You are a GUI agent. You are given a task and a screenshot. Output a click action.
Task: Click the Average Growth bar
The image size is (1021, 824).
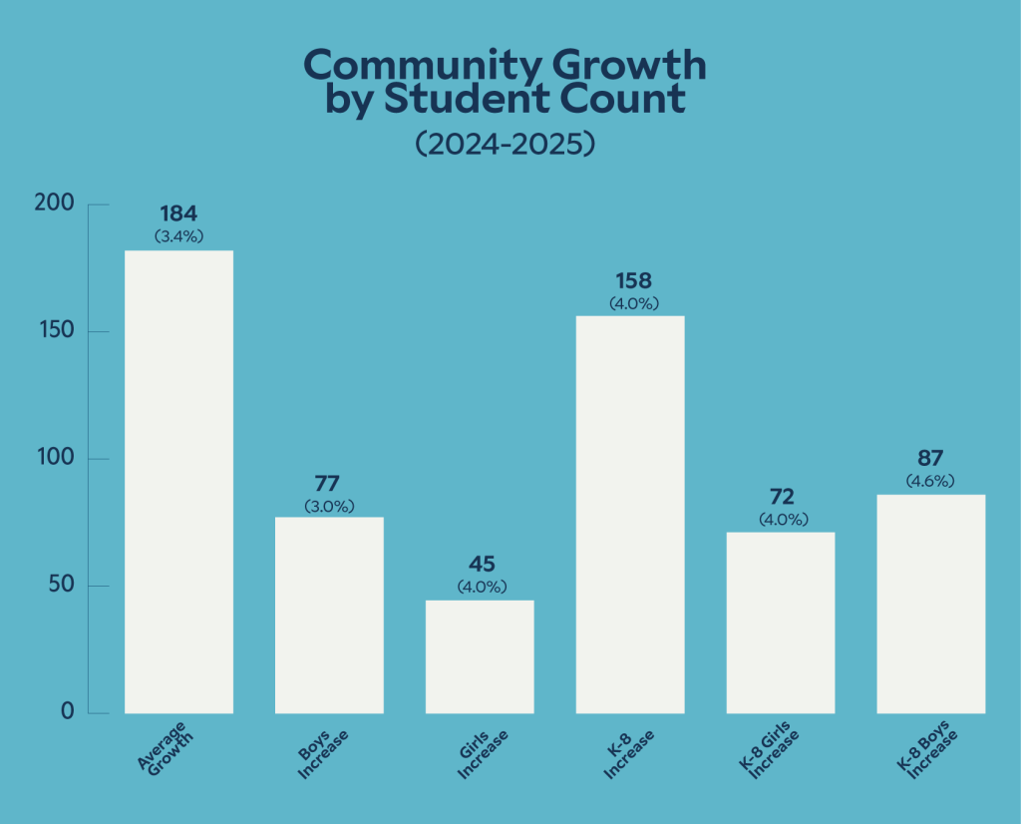tap(178, 482)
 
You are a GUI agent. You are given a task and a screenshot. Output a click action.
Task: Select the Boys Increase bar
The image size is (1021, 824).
tap(329, 615)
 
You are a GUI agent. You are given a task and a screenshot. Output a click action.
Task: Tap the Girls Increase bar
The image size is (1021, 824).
tap(480, 656)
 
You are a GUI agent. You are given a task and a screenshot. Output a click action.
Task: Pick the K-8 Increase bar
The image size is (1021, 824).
tap(630, 515)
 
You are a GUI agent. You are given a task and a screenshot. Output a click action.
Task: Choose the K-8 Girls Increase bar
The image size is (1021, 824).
tap(781, 622)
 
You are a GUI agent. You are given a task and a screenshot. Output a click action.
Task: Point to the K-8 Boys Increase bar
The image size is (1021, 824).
tap(930, 604)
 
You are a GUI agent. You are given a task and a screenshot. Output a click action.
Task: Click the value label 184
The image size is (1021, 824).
tap(178, 213)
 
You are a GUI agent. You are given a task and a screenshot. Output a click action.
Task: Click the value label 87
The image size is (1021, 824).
tap(930, 460)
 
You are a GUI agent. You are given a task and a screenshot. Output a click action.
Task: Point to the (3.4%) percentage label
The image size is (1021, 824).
tap(178, 236)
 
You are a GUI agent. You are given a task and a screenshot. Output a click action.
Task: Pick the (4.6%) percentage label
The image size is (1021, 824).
tap(930, 482)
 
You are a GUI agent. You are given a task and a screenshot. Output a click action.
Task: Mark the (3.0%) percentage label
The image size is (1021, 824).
tap(329, 506)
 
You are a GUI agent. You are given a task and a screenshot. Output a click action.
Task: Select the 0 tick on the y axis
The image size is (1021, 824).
tap(67, 712)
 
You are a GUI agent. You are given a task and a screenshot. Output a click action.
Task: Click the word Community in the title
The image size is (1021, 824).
tap(412, 65)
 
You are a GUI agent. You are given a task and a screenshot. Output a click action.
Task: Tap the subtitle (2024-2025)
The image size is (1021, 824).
tap(505, 144)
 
